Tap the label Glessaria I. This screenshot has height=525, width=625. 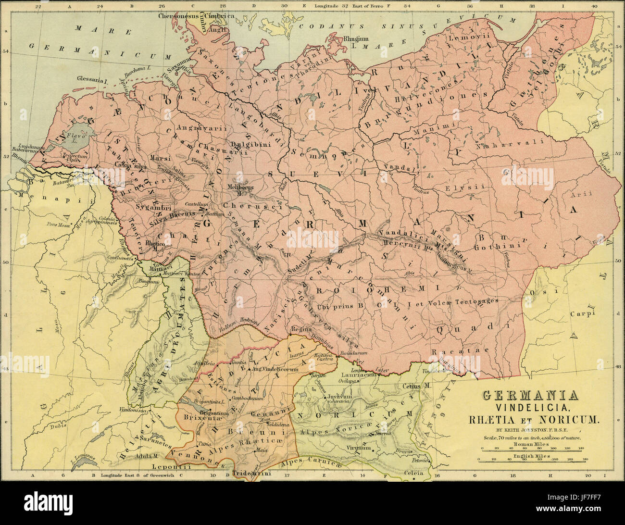[x=90, y=79]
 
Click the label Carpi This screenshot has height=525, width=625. [x=579, y=314]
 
